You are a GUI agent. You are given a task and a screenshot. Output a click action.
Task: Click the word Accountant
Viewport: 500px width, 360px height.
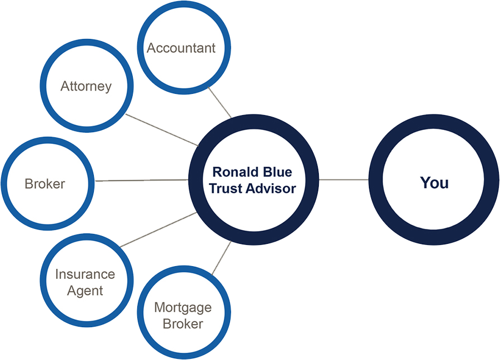coord(181,48)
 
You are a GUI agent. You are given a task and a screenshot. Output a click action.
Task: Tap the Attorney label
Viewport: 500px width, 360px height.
coord(86,87)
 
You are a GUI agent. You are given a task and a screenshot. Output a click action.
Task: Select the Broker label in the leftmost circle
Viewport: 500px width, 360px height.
coord(45,184)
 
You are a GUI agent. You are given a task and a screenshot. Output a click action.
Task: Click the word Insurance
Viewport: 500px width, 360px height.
coord(85,274)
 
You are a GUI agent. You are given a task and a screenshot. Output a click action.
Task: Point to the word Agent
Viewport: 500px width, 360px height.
coord(85,291)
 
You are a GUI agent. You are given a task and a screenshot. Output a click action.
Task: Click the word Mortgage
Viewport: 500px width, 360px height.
coord(183,307)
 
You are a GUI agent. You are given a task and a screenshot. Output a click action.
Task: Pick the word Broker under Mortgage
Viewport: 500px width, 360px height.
coord(183,323)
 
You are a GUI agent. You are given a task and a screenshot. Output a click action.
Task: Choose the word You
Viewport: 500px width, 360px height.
coord(434,183)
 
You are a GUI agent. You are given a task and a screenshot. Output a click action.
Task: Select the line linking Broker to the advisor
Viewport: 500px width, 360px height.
coord(142,180)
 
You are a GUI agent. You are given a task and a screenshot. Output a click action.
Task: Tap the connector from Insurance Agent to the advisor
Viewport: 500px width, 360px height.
coord(158,229)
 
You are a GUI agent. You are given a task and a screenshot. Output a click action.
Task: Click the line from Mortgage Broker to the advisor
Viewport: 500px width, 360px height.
coord(222,258)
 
